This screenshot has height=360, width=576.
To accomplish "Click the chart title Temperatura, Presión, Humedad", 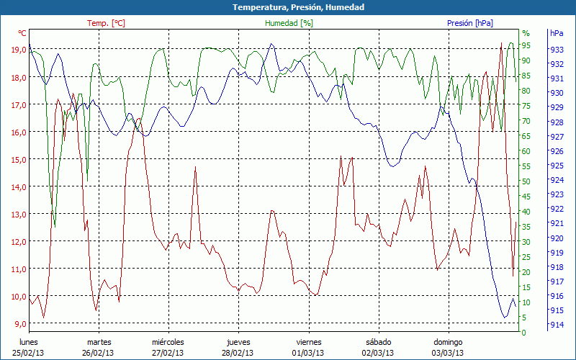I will [x=288, y=7].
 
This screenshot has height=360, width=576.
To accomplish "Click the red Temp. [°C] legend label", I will [x=106, y=23].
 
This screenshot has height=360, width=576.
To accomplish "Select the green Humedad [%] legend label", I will [x=289, y=23].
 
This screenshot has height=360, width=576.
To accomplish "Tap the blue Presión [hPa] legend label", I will [x=470, y=23].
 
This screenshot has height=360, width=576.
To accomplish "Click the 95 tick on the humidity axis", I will [x=526, y=45].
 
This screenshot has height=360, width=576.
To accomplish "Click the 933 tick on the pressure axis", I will [x=557, y=50].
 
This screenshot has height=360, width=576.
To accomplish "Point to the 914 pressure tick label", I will [x=557, y=325].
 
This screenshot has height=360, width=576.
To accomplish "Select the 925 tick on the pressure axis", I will [x=557, y=166].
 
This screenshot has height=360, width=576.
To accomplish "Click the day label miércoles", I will [x=168, y=342].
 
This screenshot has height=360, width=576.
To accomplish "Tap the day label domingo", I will [x=448, y=342].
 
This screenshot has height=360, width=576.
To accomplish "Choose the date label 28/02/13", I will [x=238, y=353].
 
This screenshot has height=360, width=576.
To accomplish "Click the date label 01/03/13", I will [x=307, y=353].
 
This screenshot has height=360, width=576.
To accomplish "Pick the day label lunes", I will [x=29, y=342].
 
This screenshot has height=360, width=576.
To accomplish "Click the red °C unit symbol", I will [x=22, y=33].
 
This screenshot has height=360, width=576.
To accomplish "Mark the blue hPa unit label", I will [x=557, y=33].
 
